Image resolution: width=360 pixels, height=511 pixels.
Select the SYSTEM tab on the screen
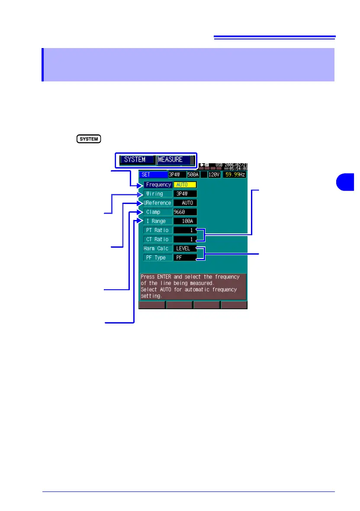(135, 159)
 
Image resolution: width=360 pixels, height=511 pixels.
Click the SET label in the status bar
(153, 175)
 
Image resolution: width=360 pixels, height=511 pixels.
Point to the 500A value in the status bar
(193, 175)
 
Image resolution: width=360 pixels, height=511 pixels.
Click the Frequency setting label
(158, 184)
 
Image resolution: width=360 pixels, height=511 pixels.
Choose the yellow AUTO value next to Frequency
(185, 184)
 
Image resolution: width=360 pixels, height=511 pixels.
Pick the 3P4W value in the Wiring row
(185, 194)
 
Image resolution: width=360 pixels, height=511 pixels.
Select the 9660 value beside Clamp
(185, 212)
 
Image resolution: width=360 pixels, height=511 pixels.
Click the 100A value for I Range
(185, 221)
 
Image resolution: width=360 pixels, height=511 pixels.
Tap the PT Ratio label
(157, 230)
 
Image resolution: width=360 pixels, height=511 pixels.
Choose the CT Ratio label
(157, 239)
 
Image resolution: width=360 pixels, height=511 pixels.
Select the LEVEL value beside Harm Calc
(185, 248)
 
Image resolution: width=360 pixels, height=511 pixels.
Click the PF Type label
(157, 257)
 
